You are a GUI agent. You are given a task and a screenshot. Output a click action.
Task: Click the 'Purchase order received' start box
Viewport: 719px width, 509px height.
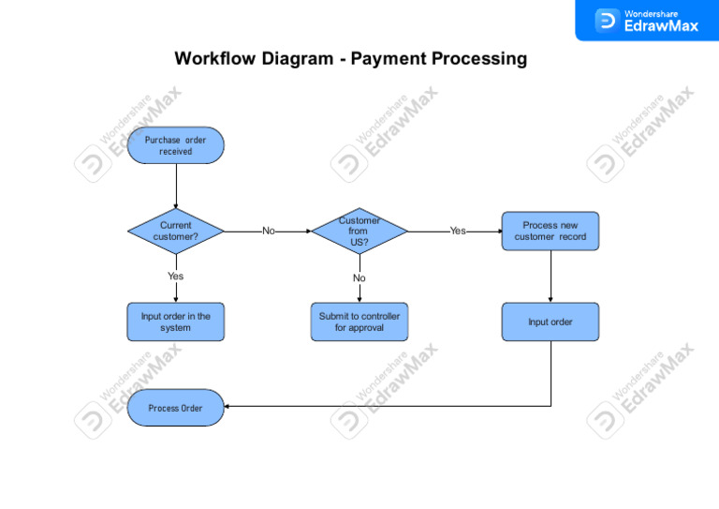tap(175, 145)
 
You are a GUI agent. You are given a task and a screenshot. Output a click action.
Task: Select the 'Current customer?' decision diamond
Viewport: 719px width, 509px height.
tap(175, 231)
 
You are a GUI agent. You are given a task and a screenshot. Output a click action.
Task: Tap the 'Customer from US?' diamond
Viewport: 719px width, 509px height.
tap(359, 231)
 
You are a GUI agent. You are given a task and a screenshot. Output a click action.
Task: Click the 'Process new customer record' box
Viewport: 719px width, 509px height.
tap(550, 231)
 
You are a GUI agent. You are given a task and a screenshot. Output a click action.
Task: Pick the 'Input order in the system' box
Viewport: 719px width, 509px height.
tap(175, 322)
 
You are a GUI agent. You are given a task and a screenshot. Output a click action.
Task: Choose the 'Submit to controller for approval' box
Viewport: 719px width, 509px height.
tap(359, 322)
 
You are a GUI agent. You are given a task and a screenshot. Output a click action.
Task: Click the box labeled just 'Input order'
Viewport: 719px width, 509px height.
tap(550, 322)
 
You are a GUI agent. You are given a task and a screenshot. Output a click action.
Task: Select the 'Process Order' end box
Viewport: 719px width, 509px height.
tap(175, 408)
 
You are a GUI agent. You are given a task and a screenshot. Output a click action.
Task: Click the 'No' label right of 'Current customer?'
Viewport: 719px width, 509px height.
tap(269, 231)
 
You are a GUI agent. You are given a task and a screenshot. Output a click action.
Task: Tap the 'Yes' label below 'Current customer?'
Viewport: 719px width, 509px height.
tap(175, 276)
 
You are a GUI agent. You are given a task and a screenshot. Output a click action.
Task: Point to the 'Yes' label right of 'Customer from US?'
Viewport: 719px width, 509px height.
tap(457, 231)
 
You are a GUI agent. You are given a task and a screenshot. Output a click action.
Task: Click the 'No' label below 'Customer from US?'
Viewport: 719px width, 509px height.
tap(359, 278)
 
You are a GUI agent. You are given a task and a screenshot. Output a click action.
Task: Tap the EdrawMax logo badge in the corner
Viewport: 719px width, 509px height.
tap(647, 20)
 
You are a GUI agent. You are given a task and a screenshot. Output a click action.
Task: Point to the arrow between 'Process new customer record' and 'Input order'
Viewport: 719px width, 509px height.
tap(550, 277)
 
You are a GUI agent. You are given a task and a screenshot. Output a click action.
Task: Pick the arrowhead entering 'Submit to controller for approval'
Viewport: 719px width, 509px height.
tap(359, 298)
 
